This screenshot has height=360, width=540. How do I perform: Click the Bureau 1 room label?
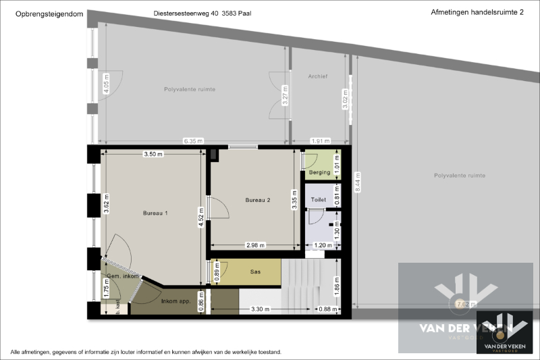click(155, 213)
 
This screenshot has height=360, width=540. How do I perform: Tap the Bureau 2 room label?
click(257, 200)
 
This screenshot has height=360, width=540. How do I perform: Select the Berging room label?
click(319, 172)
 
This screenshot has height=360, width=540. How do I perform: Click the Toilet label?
click(318, 200)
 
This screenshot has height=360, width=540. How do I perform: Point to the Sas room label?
click(255, 272)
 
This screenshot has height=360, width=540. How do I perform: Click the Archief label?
click(317, 76)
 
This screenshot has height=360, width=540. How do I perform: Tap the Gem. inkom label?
click(122, 276)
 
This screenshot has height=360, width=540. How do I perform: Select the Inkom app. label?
click(175, 300)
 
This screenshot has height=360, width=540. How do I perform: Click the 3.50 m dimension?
click(153, 154)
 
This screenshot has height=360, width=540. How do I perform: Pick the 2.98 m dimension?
click(255, 245)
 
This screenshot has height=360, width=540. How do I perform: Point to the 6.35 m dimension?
click(193, 141)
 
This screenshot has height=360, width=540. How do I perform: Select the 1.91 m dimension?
click(320, 141)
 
